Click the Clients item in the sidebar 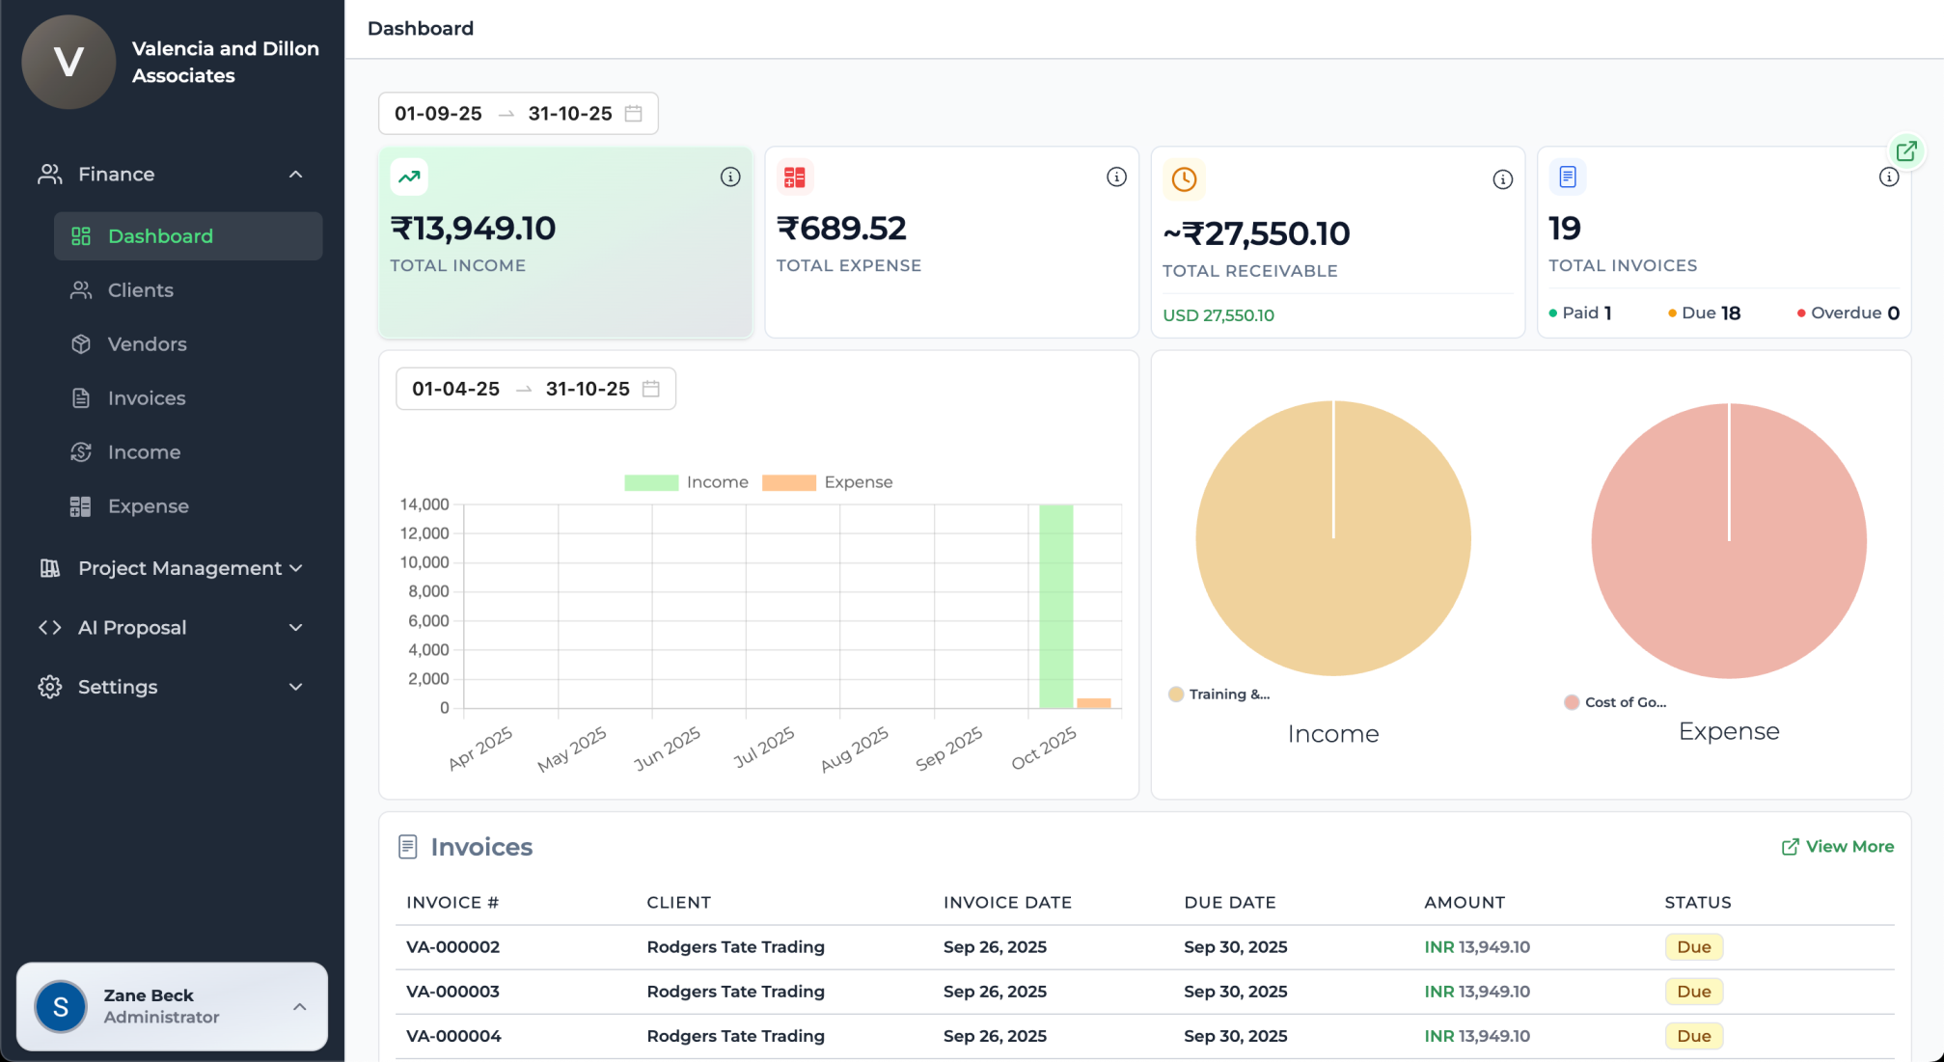[x=140, y=290]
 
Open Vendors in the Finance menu [x=147, y=344]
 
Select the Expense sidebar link [x=148, y=506]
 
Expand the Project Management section [x=180, y=568]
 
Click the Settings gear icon [x=50, y=687]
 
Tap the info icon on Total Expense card [x=1116, y=177]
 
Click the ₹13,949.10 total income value [x=473, y=229]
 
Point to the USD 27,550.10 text [x=1218, y=315]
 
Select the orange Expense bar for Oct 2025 [x=1093, y=703]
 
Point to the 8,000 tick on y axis [x=428, y=591]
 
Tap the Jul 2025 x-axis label [x=764, y=748]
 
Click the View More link [x=1838, y=847]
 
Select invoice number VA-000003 [x=452, y=992]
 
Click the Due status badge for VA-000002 [x=1693, y=947]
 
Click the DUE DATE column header [x=1229, y=903]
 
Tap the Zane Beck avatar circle [x=61, y=1007]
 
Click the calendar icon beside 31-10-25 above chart [x=651, y=389]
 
